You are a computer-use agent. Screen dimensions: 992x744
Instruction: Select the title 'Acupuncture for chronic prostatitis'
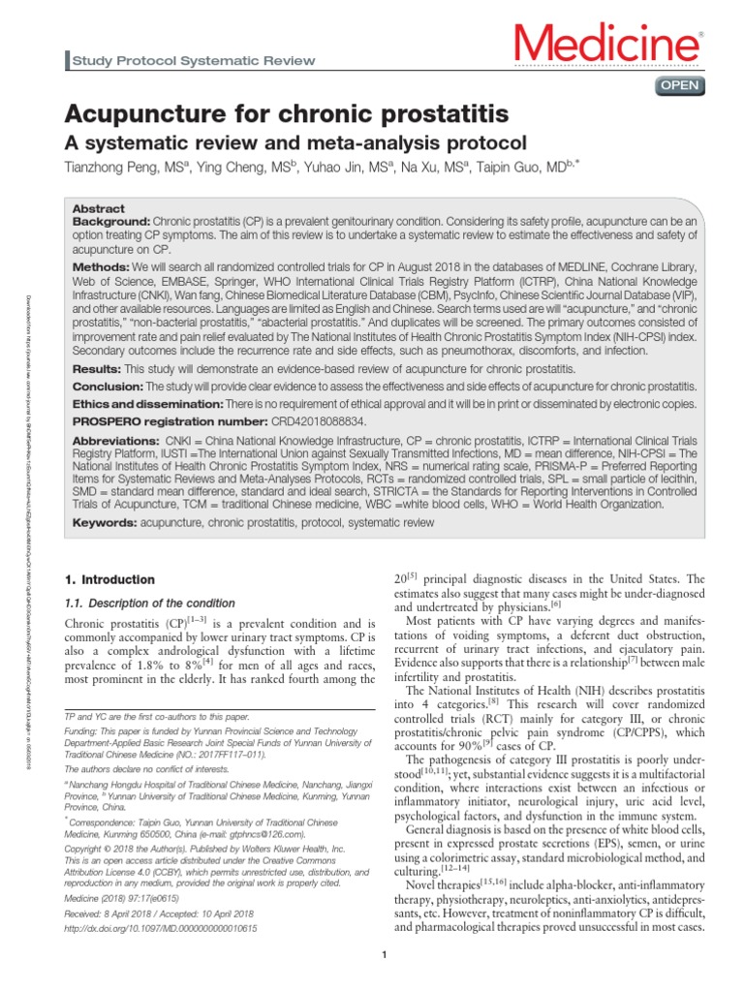[x=286, y=114]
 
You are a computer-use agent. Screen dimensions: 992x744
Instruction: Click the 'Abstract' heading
[x=99, y=208]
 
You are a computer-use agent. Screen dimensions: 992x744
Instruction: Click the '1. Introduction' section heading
[x=109, y=579]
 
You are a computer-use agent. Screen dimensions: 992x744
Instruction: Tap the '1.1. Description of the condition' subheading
[x=152, y=604]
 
